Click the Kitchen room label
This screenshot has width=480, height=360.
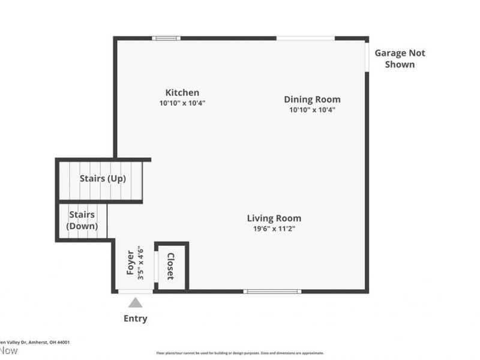point(182,92)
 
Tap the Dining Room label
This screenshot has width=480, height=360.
point(312,100)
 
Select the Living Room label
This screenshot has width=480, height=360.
point(274,218)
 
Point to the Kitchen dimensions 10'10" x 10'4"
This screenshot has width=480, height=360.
point(182,103)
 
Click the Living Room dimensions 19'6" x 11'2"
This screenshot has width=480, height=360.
point(274,229)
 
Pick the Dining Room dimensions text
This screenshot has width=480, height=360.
point(312,110)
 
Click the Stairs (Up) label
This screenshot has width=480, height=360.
point(103,179)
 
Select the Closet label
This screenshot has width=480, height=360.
point(170,266)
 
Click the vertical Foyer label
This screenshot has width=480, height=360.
point(130,263)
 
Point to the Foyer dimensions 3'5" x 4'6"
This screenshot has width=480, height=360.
point(140,263)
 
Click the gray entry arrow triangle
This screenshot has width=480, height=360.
point(136,302)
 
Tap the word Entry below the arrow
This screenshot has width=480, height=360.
point(136,319)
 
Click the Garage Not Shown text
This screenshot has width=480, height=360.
point(400,59)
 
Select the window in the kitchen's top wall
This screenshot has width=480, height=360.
point(166,38)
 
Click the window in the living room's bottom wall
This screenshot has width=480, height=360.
point(272,292)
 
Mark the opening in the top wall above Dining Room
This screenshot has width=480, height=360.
point(305,38)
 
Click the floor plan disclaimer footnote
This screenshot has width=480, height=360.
point(240,353)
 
